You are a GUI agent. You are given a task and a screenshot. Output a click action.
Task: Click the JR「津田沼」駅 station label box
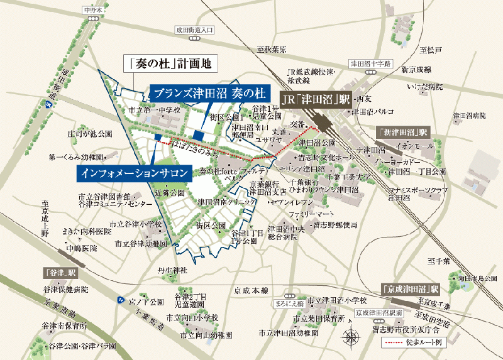point(315,99)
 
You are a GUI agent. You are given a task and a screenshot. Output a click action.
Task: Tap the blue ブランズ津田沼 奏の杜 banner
point(200,93)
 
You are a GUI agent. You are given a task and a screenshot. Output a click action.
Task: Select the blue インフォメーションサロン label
point(133,172)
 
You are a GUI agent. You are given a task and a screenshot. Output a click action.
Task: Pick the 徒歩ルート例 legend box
point(412,343)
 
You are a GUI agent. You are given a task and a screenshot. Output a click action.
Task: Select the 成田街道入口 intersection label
point(196,30)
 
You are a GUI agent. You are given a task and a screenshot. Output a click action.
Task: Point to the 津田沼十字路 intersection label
point(370,63)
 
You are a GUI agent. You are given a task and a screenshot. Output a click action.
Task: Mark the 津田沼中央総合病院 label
point(286,232)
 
